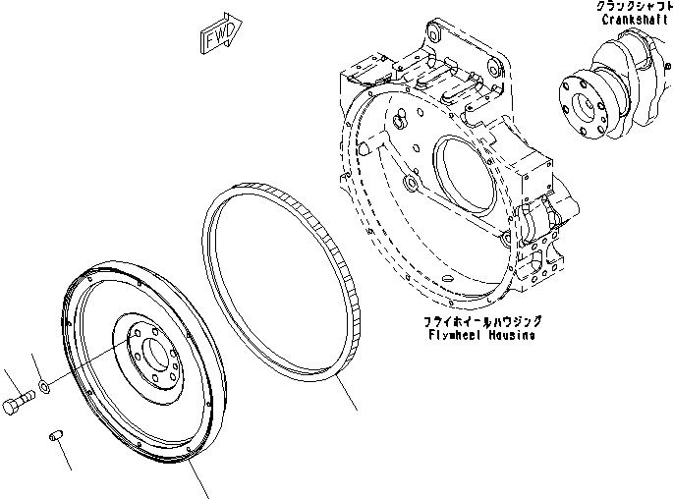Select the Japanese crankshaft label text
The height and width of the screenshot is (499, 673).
coord(634,7)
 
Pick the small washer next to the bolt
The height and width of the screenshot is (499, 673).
coord(45,388)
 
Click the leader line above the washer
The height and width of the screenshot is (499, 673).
coord(38,365)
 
